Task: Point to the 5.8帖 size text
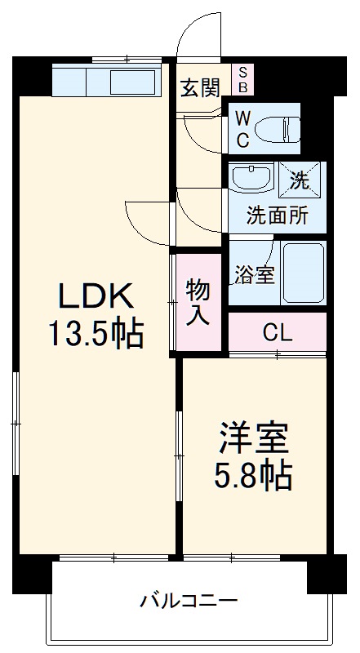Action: pyautogui.click(x=253, y=476)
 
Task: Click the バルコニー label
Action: pyautogui.click(x=188, y=602)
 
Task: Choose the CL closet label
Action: pyautogui.click(x=277, y=332)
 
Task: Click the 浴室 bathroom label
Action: pyautogui.click(x=253, y=275)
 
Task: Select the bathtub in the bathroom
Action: pyautogui.click(x=303, y=273)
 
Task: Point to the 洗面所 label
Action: pyautogui.click(x=277, y=216)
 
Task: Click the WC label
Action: pyautogui.click(x=243, y=129)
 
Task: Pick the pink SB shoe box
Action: pyautogui.click(x=242, y=79)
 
